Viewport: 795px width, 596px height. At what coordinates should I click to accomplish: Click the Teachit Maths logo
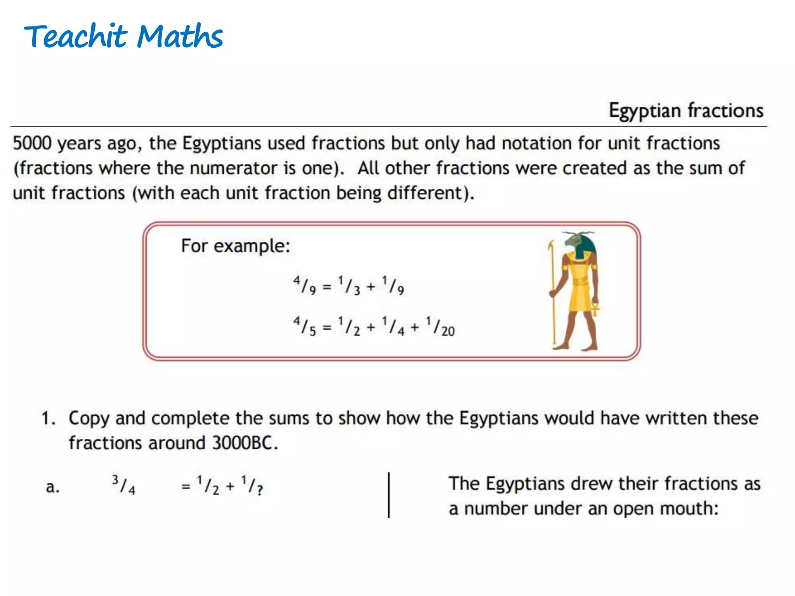coord(123,36)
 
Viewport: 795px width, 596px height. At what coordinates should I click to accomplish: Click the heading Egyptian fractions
coord(686,111)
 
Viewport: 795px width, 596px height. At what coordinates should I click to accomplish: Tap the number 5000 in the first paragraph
coord(32,143)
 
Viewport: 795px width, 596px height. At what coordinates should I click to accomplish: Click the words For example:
coord(236,246)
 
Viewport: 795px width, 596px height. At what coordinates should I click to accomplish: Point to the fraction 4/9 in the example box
coord(304,285)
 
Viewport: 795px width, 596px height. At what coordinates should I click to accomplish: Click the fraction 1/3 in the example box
coord(349,285)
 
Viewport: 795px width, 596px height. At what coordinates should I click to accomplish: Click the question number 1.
coord(48,419)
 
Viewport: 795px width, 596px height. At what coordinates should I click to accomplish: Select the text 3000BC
coord(245,443)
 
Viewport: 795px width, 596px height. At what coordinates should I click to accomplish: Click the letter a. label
coord(52,487)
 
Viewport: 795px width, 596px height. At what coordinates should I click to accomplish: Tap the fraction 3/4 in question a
coord(123,485)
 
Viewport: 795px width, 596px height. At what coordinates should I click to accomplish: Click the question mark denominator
coord(259,490)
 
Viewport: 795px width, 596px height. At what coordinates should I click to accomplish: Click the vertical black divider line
coord(389,495)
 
